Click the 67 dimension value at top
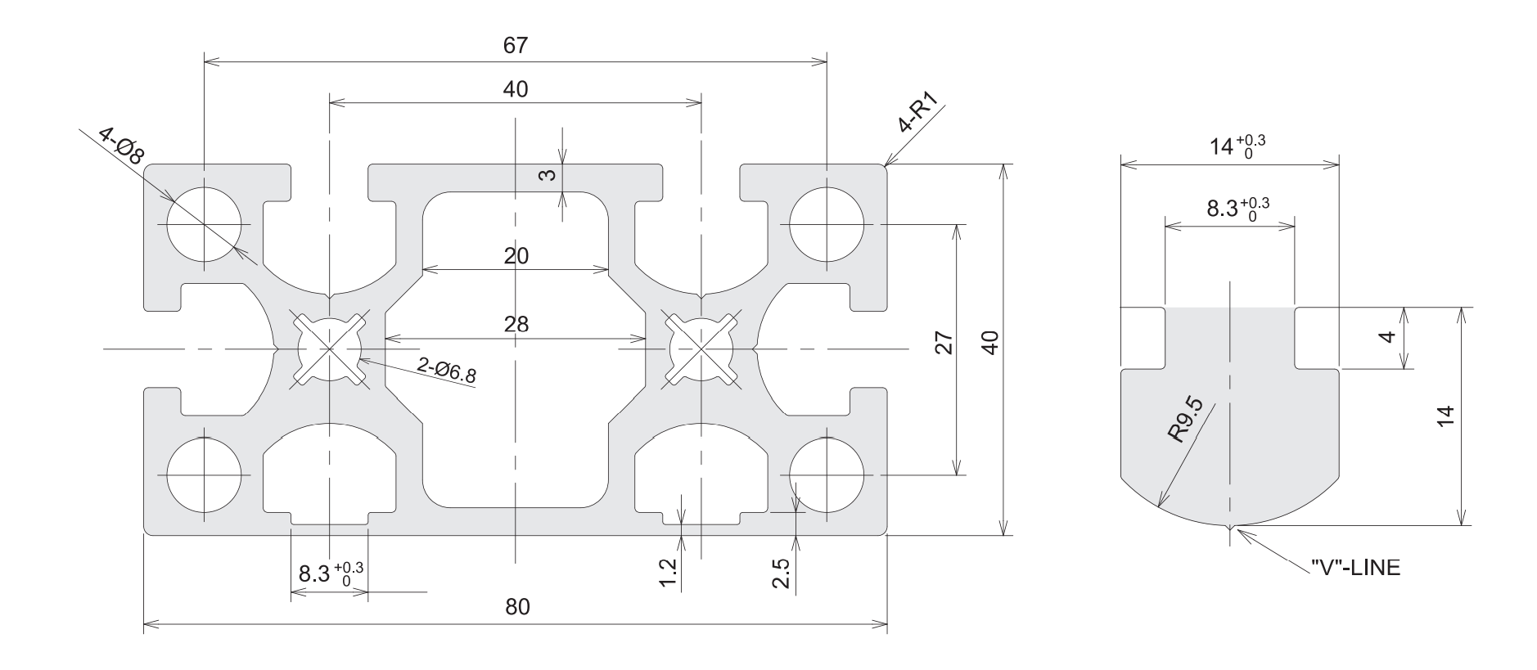coord(516,46)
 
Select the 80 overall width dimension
coord(517,607)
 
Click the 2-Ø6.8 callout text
coord(446,371)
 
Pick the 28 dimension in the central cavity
coord(516,324)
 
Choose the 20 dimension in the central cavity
coord(516,256)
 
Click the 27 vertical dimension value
coord(944,343)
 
